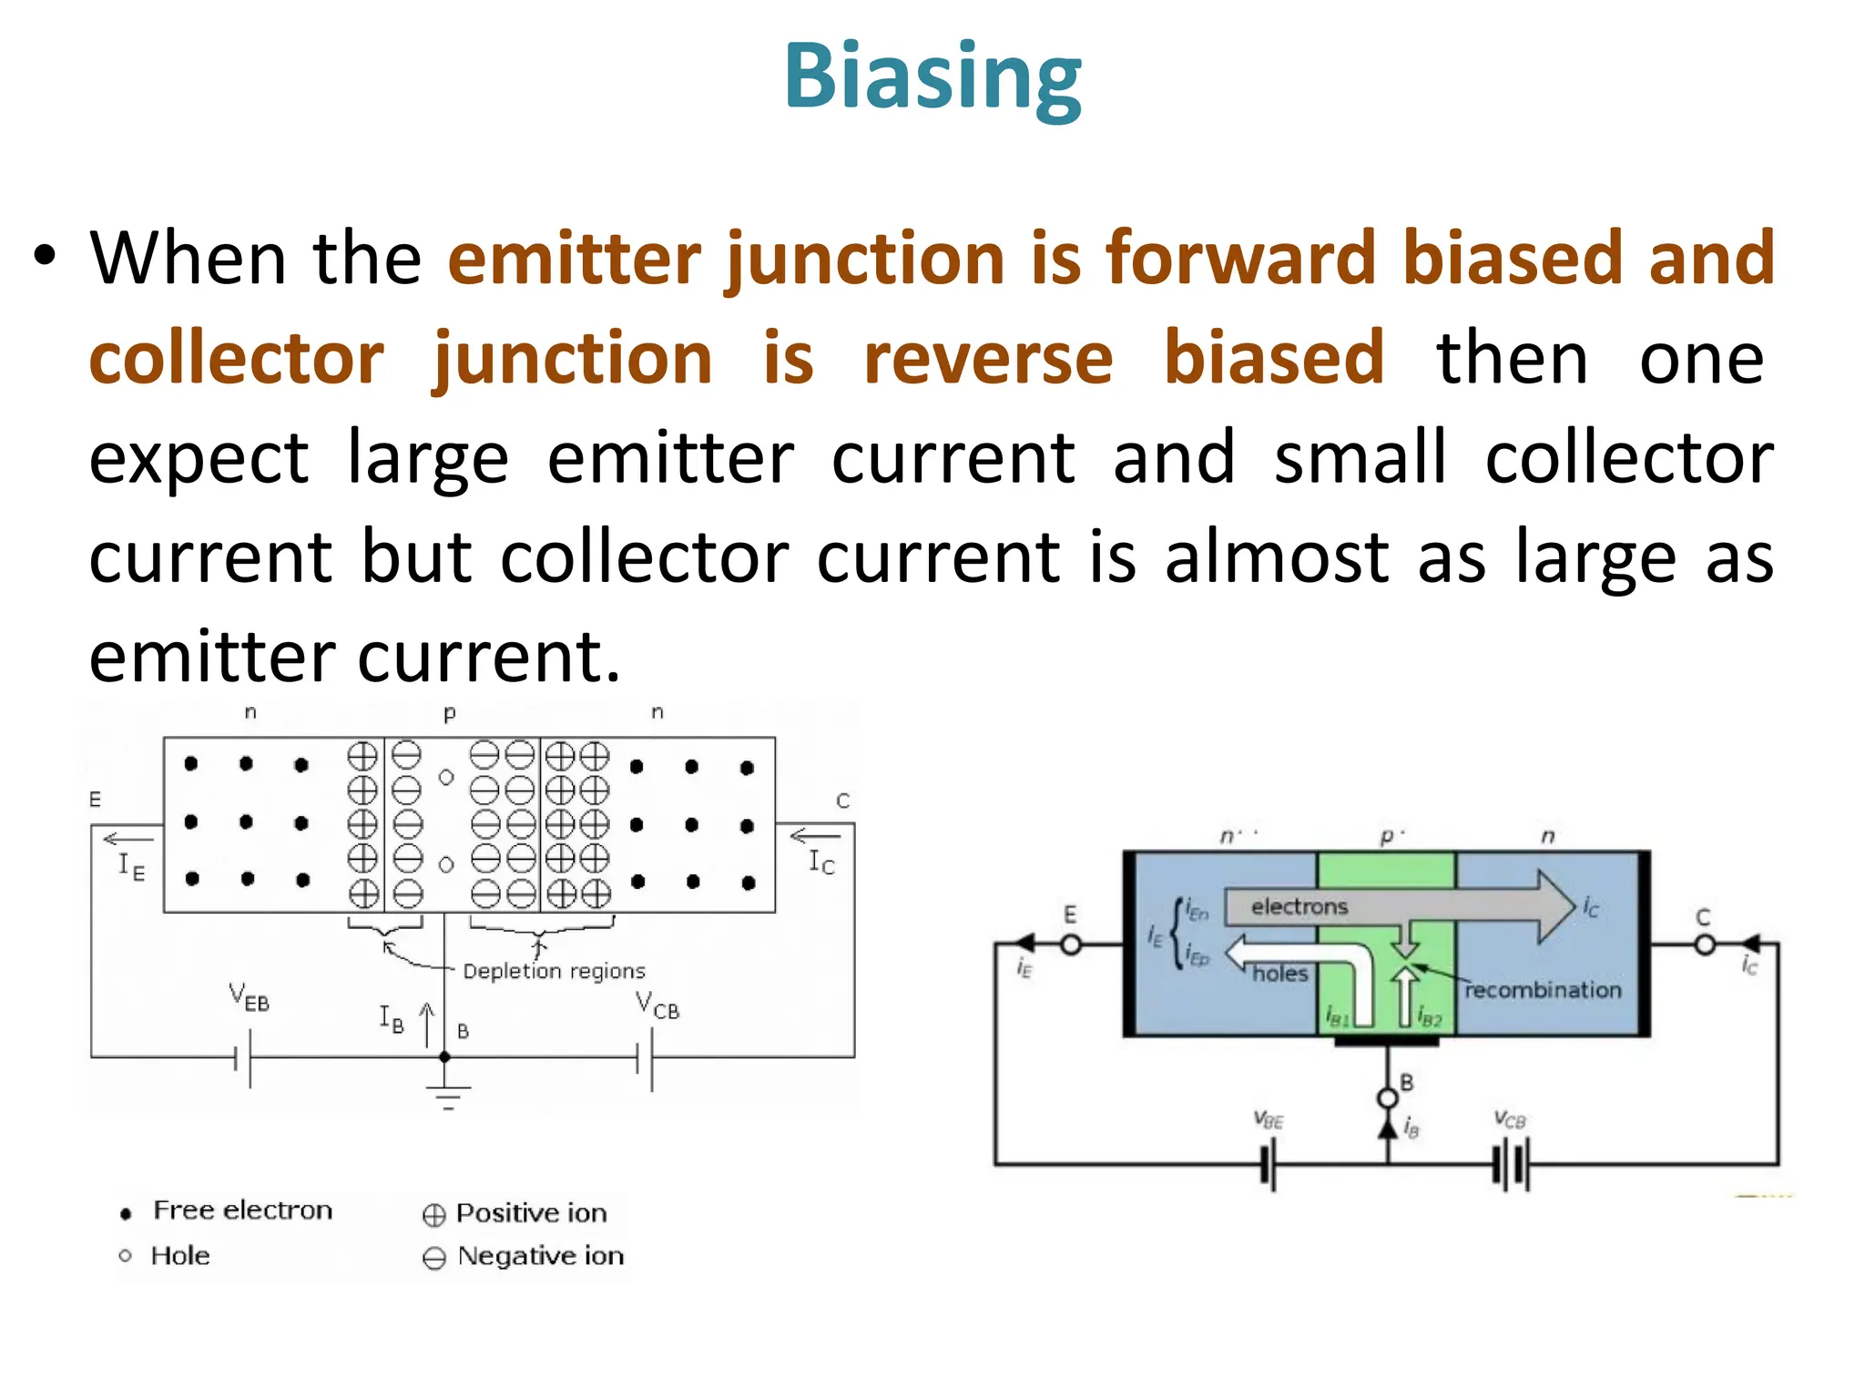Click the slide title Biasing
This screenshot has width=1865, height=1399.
[x=932, y=77]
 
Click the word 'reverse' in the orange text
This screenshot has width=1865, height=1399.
[x=988, y=358]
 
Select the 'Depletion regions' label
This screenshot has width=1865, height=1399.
[x=554, y=971]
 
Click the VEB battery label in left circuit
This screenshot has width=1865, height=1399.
[x=249, y=997]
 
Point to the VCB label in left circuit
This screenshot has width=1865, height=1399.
[x=657, y=1006]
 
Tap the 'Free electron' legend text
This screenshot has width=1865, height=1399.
[x=242, y=1210]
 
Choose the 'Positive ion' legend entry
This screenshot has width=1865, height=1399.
[x=530, y=1213]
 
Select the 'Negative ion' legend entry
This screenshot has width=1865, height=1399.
[x=540, y=1256]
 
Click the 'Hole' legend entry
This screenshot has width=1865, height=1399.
[x=179, y=1256]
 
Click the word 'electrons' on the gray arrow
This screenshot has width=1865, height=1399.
[x=1299, y=906]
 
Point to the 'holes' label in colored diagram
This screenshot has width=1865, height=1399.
[x=1279, y=974]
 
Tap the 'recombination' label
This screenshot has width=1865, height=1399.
[x=1543, y=990]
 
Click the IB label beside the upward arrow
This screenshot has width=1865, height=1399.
[x=392, y=1017]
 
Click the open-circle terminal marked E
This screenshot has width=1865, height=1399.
[x=1071, y=945]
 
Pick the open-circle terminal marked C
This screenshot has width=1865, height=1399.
[x=1704, y=945]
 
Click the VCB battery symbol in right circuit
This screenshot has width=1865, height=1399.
[x=1511, y=1166]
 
